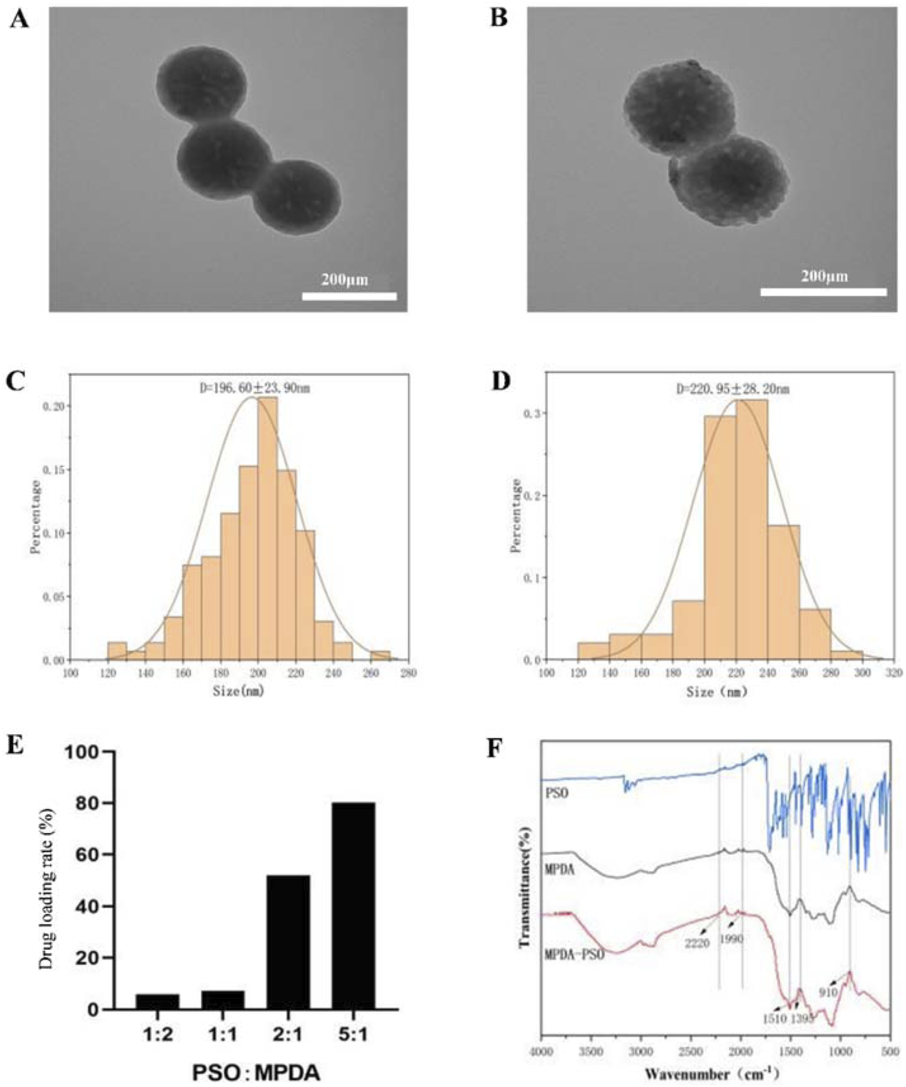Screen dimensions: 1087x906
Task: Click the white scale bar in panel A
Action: pyautogui.click(x=349, y=296)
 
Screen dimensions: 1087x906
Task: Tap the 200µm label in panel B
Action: pyautogui.click(x=824, y=276)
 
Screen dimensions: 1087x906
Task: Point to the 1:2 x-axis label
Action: pyautogui.click(x=158, y=1035)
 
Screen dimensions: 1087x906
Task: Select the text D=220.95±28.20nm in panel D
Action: pyautogui.click(x=732, y=389)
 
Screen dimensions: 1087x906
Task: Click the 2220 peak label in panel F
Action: pyautogui.click(x=697, y=943)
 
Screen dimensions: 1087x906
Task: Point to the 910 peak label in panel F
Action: pyautogui.click(x=828, y=992)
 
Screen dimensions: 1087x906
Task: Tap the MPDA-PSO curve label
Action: pyautogui.click(x=574, y=955)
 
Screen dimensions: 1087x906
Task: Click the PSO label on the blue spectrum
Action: pyautogui.click(x=557, y=792)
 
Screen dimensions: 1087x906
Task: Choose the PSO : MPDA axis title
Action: pyautogui.click(x=256, y=1072)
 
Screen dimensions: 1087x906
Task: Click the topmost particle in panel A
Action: pyautogui.click(x=200, y=83)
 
